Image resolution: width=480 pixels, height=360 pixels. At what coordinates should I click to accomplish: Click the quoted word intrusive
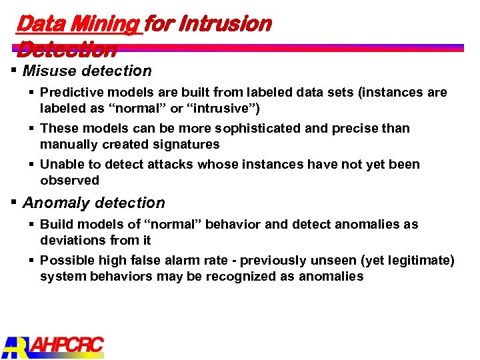click(x=220, y=108)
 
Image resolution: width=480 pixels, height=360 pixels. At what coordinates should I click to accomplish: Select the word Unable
click(x=61, y=164)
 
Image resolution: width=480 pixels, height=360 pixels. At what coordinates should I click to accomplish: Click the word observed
click(x=69, y=180)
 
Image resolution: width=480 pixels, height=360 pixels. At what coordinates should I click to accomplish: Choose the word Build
click(x=56, y=224)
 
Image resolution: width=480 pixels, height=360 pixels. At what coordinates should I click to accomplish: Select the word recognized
click(x=221, y=276)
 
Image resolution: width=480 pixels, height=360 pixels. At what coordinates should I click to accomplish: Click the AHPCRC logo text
click(x=67, y=345)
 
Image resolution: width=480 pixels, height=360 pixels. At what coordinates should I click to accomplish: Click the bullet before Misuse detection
click(x=14, y=70)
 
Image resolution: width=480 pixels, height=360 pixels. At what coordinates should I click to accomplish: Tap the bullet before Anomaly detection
click(x=14, y=202)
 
